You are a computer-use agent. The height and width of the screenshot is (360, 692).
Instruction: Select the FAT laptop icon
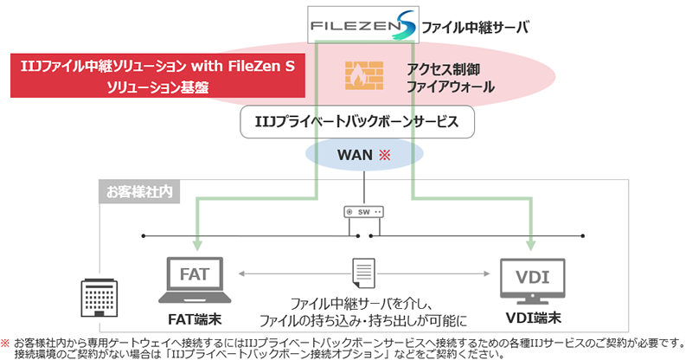coord(195,276)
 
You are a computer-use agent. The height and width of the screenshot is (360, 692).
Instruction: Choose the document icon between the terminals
coord(361,274)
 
